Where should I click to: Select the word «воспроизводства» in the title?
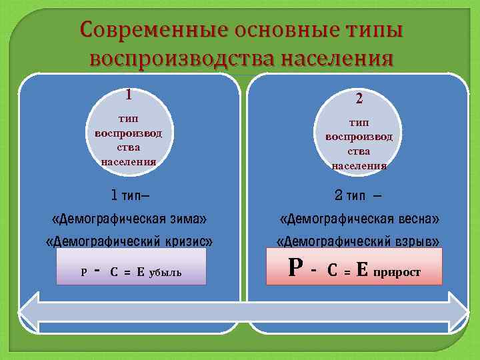[182, 59]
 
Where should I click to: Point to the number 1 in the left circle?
[128, 94]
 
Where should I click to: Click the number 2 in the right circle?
[359, 99]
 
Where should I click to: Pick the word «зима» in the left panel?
[187, 218]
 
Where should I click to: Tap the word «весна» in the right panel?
[417, 218]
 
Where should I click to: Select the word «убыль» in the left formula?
[166, 273]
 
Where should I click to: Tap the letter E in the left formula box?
[141, 271]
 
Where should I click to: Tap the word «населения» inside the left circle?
[128, 161]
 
